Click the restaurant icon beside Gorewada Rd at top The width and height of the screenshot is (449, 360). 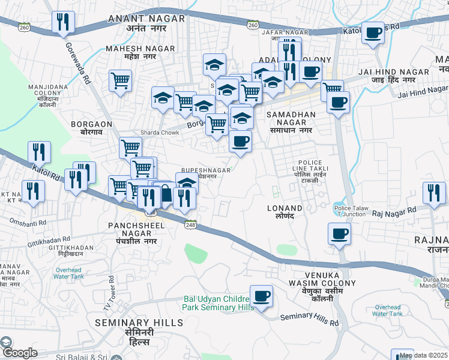[63, 23]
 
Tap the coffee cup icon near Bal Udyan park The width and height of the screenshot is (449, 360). [261, 296]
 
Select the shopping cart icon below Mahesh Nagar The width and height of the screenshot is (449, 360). [121, 80]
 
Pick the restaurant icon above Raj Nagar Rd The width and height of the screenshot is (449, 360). [433, 193]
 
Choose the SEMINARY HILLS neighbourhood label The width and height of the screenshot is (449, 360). [139, 327]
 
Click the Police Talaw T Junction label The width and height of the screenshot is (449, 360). [350, 211]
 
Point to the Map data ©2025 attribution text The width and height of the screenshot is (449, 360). [423, 355]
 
